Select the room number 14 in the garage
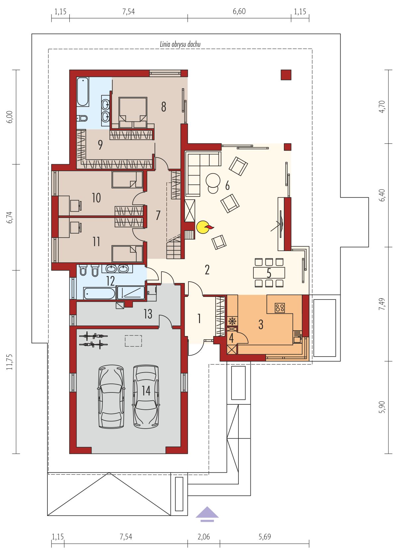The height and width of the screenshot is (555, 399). pos(146,391)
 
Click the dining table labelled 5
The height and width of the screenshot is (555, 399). pos(269,273)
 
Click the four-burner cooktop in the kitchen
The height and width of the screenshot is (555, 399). pos(280,308)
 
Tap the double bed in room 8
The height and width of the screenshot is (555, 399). pos(133,113)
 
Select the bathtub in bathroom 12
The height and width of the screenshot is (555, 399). pos(99,294)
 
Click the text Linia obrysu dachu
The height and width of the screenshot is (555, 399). pos(180,44)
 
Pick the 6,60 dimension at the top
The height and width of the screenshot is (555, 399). pos(239,12)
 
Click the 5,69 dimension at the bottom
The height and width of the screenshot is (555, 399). pos(265,537)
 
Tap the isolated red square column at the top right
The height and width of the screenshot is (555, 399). pos(286,75)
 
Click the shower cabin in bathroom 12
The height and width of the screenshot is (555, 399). pos(131,293)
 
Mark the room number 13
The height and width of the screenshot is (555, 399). pos(148,314)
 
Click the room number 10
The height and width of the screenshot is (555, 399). pos(96,198)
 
